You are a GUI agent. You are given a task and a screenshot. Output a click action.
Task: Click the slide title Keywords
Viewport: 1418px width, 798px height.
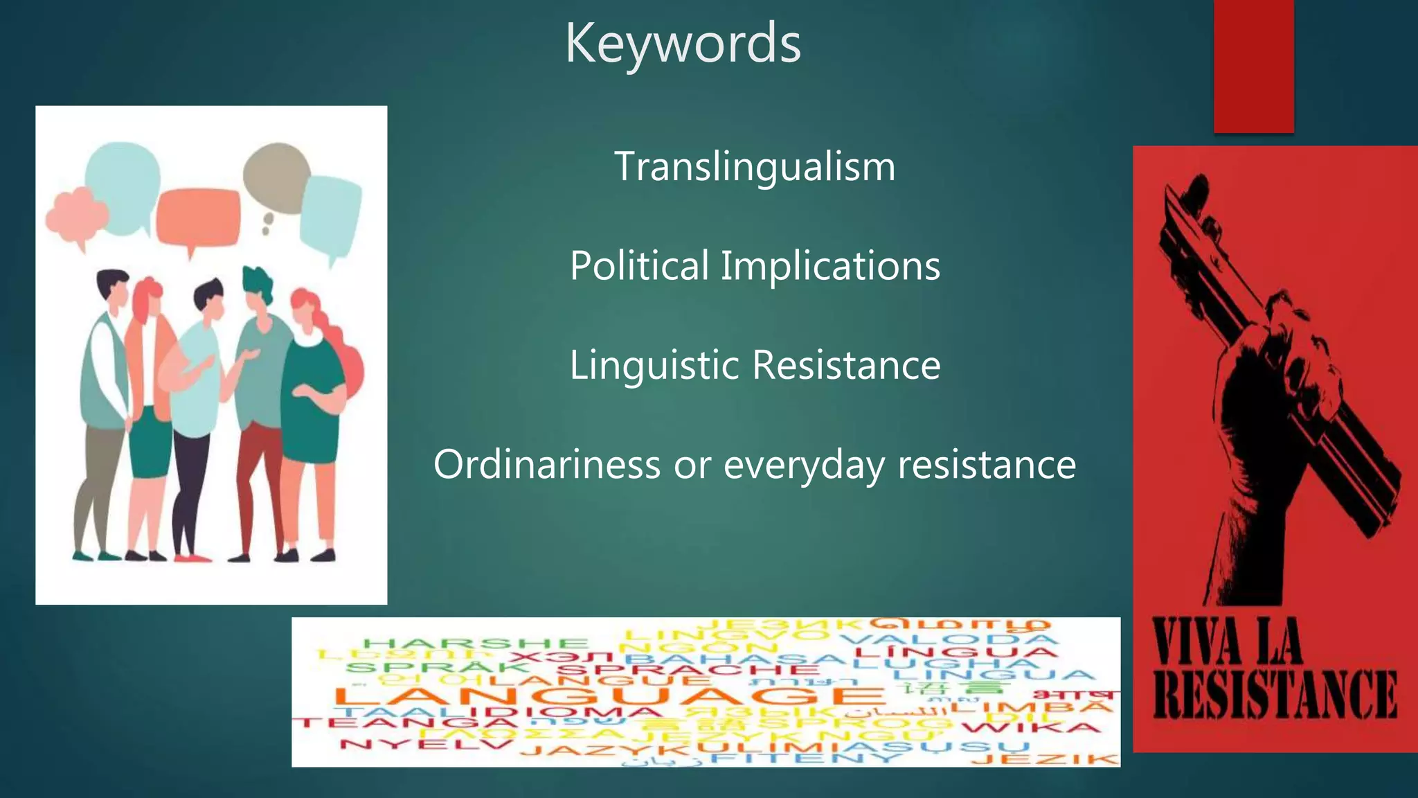tap(683, 43)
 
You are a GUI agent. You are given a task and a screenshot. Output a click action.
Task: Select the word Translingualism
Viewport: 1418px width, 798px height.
tap(755, 167)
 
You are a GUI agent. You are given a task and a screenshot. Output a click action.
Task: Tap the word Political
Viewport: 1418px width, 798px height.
tap(638, 265)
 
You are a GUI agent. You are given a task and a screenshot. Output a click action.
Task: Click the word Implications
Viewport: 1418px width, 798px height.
tap(830, 265)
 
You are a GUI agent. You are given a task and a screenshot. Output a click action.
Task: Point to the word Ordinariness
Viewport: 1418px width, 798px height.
tap(546, 464)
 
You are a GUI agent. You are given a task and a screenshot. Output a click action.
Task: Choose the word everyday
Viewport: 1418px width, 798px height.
tap(804, 464)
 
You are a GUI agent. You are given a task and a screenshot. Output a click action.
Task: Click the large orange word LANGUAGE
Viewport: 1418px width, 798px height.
tap(609, 695)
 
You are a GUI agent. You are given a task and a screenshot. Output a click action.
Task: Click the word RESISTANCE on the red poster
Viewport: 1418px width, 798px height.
tap(1275, 695)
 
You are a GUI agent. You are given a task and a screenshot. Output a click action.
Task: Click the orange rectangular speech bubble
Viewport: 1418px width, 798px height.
tap(198, 217)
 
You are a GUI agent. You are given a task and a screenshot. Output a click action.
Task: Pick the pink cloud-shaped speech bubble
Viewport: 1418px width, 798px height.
tap(75, 216)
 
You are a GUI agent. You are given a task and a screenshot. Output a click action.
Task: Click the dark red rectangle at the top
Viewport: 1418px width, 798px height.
tap(1253, 66)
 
